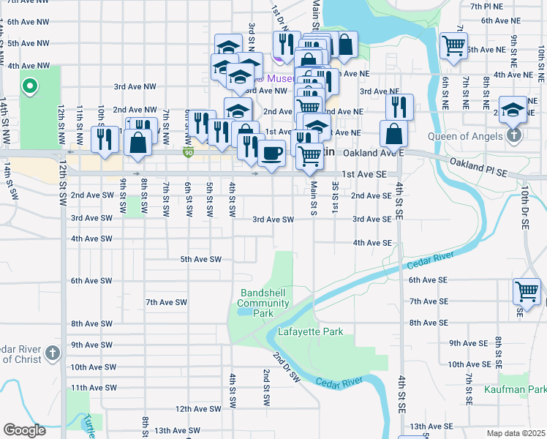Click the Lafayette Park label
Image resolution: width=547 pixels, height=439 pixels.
pos(310,331)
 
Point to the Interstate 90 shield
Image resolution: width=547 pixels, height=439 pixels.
pos(189,152)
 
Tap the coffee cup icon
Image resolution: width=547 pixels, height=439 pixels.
pos(272,154)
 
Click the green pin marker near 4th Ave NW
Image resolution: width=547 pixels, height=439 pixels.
pos(29,87)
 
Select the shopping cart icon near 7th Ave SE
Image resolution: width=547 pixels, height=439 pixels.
pos(526,291)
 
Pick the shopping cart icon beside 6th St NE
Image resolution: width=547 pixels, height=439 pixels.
pos(453,45)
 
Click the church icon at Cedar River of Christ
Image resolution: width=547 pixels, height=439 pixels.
pos(52,353)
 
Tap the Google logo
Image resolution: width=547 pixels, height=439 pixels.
pos(24,430)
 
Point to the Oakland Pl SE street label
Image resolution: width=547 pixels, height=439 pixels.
pos(478,167)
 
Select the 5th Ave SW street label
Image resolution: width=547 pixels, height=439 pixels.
pos(200,259)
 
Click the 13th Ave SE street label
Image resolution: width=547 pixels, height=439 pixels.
pos(428,426)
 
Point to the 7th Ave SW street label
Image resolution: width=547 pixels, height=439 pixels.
pos(166,302)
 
